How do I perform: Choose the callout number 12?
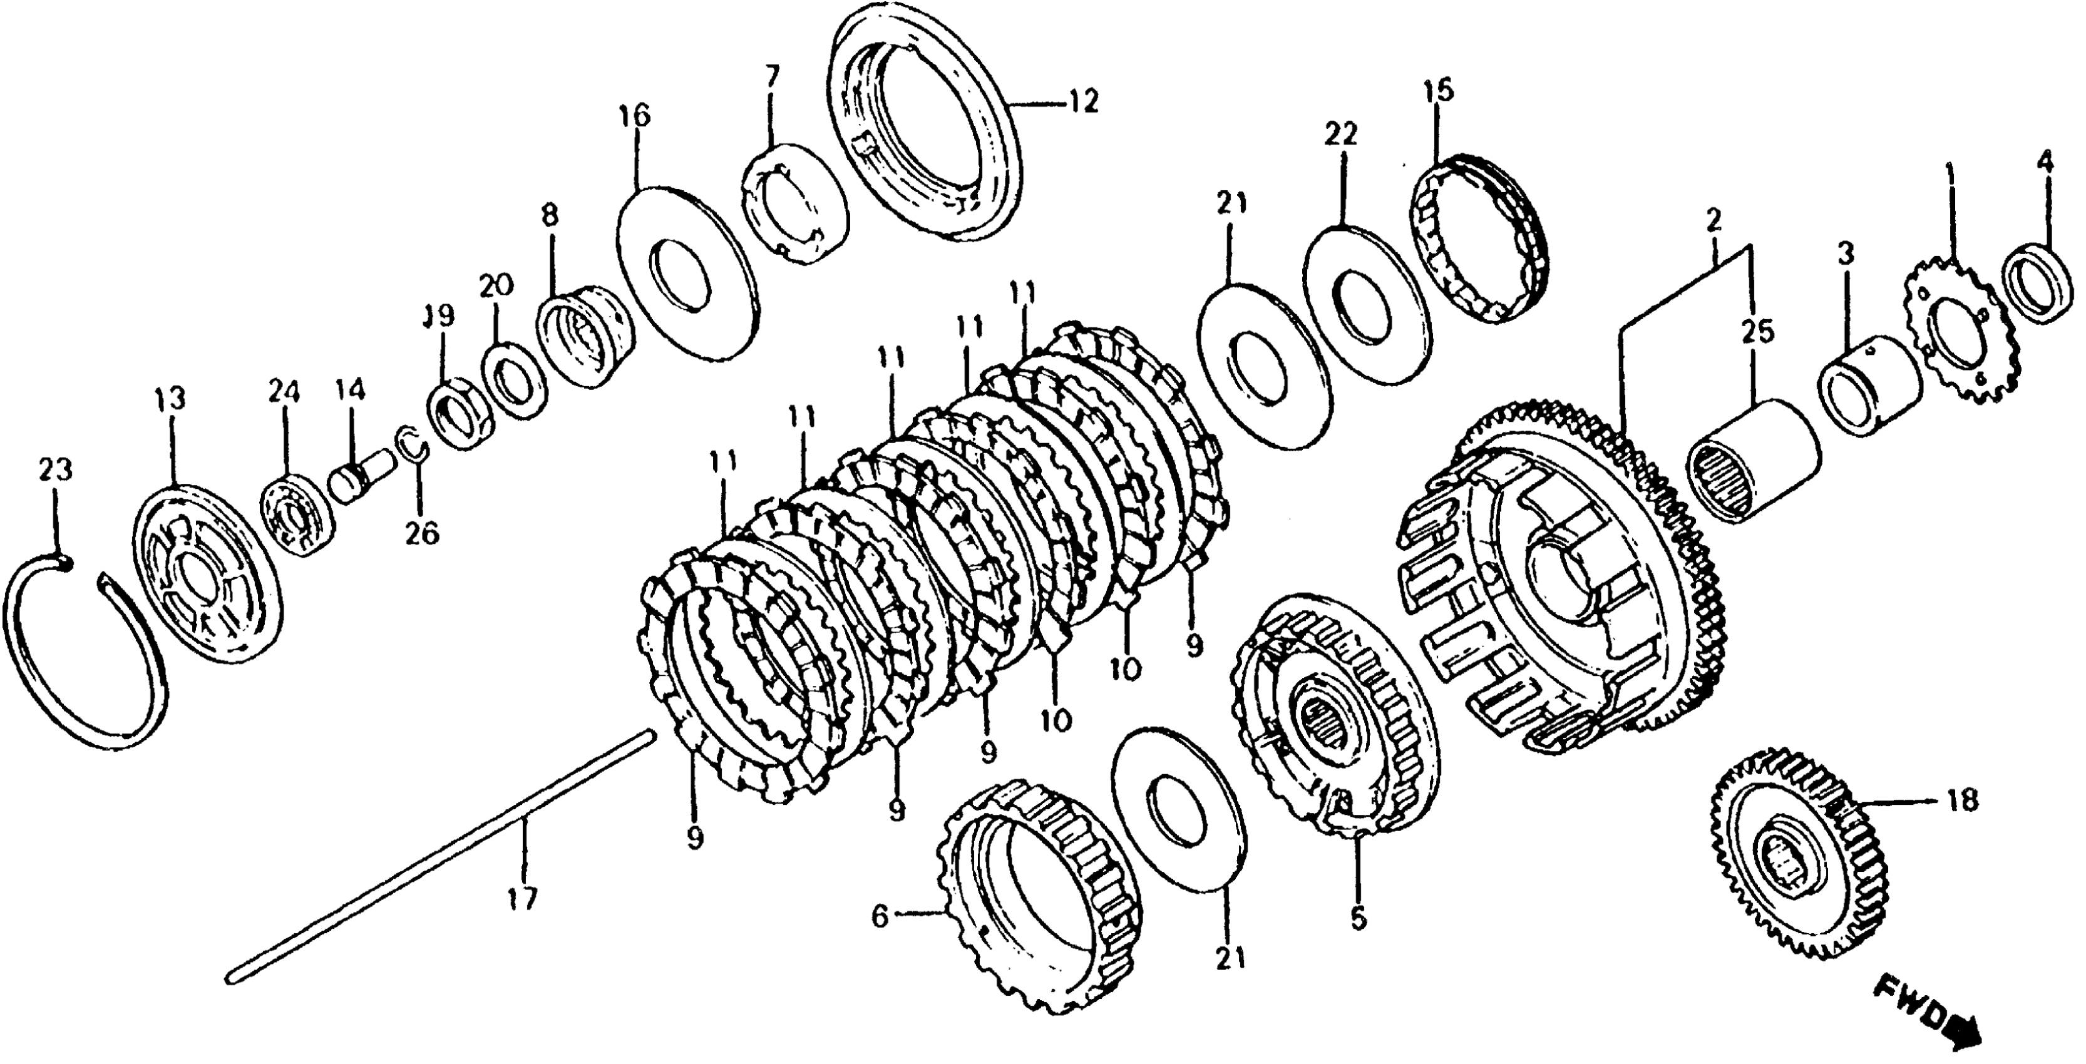1081,103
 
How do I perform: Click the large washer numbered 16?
687,271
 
